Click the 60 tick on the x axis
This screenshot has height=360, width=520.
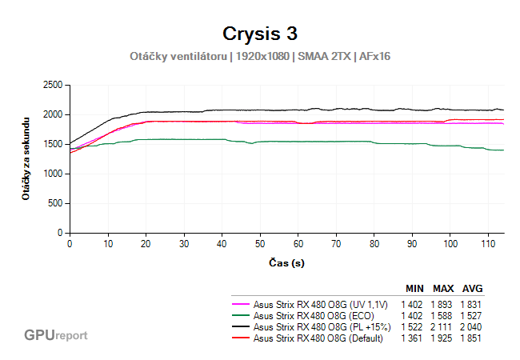(x=298, y=243)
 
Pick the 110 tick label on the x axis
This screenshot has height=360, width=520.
(x=488, y=243)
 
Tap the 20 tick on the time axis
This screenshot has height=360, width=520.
(x=146, y=243)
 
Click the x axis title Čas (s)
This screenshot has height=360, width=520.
(x=286, y=262)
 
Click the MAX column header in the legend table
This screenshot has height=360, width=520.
(x=443, y=288)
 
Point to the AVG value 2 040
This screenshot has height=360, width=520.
(x=472, y=326)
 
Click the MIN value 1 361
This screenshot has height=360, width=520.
(x=414, y=338)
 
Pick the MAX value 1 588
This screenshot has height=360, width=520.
(x=443, y=315)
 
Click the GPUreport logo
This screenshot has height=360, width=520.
(x=56, y=335)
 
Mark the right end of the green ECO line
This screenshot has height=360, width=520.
(x=502, y=150)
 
